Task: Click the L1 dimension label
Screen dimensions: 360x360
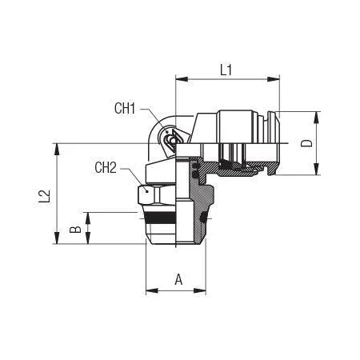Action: pos(226,70)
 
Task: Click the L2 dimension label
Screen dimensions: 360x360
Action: pos(44,196)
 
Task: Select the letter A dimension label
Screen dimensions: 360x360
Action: pos(178,279)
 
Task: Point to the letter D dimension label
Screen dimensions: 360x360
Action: pos(306,143)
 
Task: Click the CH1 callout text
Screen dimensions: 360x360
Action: pos(125,108)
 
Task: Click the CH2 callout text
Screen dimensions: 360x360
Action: pos(106,167)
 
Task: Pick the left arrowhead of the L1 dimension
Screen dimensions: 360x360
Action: pos(182,79)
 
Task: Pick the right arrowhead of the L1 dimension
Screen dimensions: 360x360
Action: pos(274,79)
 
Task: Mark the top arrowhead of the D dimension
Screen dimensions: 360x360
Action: pos(316,118)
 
